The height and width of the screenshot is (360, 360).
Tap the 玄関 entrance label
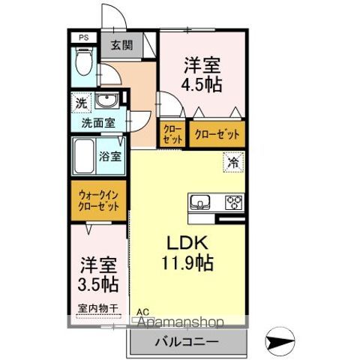(x=122, y=45)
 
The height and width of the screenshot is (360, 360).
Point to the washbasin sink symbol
(x=105, y=101)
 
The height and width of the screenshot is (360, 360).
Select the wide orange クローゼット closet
(x=217, y=134)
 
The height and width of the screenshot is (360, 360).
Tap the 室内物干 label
(x=97, y=308)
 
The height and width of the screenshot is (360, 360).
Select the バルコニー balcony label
(x=183, y=343)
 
